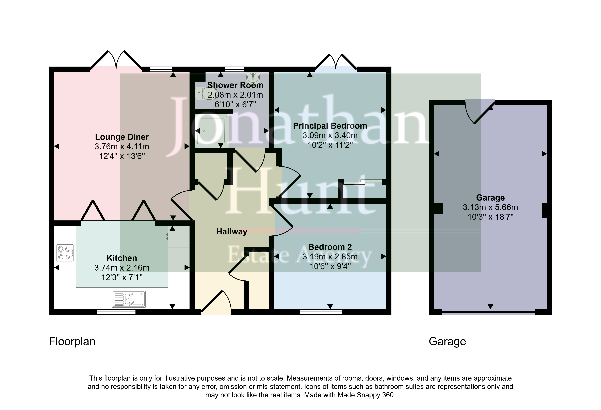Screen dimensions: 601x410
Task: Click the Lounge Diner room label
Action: (122, 137)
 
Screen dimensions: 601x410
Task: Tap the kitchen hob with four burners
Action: (65, 253)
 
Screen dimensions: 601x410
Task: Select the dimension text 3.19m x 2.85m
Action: (330, 257)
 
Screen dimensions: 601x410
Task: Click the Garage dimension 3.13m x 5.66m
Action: (490, 207)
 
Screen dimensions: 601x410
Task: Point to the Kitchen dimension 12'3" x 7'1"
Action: (122, 277)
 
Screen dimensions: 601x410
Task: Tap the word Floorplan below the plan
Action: (72, 342)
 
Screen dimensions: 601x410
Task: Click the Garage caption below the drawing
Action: (447, 342)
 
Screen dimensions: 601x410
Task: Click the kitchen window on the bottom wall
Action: (116, 312)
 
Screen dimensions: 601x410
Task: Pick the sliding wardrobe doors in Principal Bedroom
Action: (363, 182)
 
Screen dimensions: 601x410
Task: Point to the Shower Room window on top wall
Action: (234, 69)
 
